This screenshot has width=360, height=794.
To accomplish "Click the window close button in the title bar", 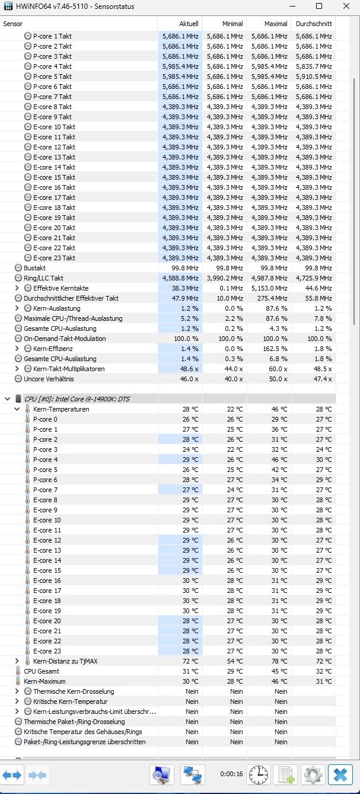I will [x=346, y=7].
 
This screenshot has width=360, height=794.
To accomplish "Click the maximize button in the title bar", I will [x=318, y=7].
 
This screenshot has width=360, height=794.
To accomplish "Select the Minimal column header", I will [x=232, y=24].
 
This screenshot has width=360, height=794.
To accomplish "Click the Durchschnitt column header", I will [x=313, y=24].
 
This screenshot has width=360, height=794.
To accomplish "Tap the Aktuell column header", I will [x=189, y=24].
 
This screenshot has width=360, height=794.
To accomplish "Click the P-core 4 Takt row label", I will [x=52, y=66].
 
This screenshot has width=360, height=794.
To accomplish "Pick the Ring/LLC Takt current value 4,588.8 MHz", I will [x=181, y=278].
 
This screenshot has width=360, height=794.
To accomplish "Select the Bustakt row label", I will [x=34, y=268].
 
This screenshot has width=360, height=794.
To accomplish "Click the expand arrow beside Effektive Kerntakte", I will [x=17, y=288].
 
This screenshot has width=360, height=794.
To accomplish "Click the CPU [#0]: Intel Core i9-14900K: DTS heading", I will [x=77, y=399].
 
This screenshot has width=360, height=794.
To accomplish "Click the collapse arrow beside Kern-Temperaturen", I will [x=17, y=409].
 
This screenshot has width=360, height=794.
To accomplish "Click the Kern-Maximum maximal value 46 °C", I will [x=279, y=681].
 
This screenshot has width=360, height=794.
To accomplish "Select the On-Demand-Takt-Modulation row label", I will [x=65, y=339].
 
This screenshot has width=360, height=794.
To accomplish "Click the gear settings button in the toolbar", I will [x=313, y=774].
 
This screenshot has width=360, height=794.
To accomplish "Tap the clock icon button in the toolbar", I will [x=259, y=774].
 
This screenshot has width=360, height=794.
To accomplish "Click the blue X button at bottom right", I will [x=340, y=774].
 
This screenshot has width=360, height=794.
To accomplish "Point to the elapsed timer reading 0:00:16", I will [x=231, y=774].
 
